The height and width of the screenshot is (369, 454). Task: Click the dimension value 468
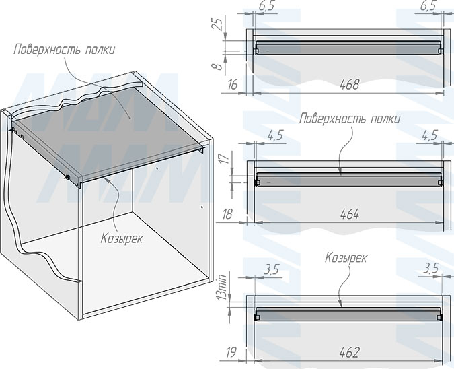click(x=349, y=84)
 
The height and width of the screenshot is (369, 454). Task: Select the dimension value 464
click(x=349, y=214)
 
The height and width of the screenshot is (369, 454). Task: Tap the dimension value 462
click(x=349, y=351)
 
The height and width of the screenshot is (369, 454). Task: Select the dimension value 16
click(x=233, y=84)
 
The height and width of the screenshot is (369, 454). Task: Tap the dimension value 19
click(x=231, y=351)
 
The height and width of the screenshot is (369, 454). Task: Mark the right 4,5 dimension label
click(x=428, y=135)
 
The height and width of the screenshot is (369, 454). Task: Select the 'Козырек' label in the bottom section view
click(x=346, y=257)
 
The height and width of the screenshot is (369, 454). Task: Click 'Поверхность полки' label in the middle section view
click(x=350, y=119)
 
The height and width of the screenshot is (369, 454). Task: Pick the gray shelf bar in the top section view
click(x=348, y=49)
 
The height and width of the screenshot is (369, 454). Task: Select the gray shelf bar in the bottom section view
click(x=348, y=314)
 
